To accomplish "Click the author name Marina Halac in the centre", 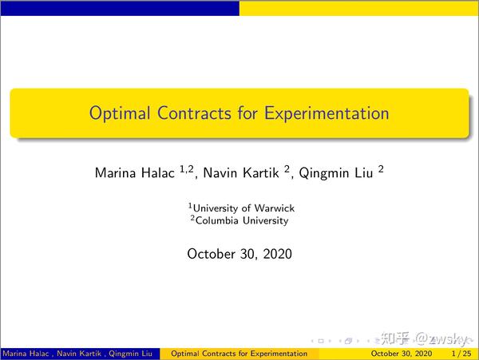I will [x=130, y=172].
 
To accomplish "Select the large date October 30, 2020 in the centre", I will [x=239, y=254].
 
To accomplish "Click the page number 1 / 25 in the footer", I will [x=461, y=353].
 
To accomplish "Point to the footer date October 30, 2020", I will [x=402, y=353].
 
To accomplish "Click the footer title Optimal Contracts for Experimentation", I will [x=239, y=353].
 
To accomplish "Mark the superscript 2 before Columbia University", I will [x=192, y=218].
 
